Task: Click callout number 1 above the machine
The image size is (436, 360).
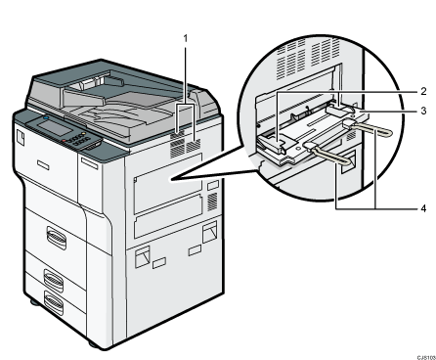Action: (x=186, y=39)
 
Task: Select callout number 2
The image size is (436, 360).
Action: (x=423, y=92)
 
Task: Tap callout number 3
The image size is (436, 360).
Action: (x=423, y=111)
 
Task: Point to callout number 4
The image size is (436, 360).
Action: (x=423, y=208)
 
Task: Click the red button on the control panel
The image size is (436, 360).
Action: (x=65, y=141)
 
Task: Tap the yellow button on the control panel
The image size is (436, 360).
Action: (x=83, y=134)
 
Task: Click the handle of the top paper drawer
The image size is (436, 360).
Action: (x=57, y=238)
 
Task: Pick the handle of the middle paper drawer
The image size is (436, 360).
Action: (x=54, y=280)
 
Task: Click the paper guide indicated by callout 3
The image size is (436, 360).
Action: (x=340, y=111)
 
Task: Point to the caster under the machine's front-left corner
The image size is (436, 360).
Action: (x=34, y=302)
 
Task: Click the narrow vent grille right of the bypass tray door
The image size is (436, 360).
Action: (x=212, y=202)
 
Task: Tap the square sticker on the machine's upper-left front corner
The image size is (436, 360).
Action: (x=20, y=137)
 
